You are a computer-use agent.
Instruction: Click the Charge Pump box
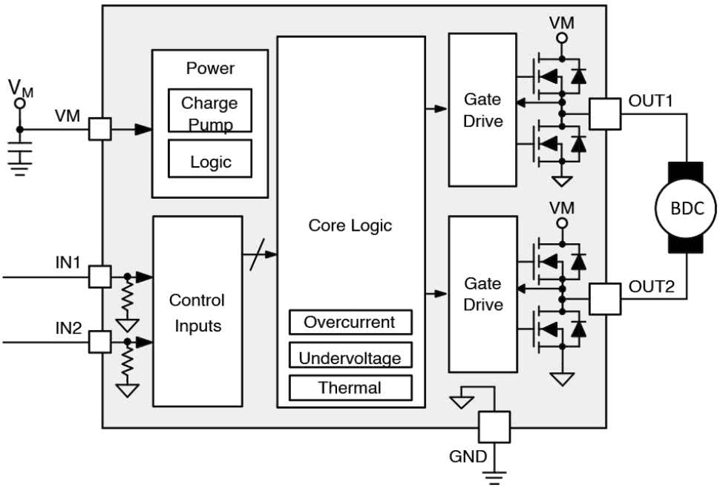point(210,111)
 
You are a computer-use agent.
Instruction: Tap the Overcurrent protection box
point(350,323)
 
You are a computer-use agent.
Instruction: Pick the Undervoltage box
point(350,356)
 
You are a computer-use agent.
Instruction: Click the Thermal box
point(350,387)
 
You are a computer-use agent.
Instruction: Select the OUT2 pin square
point(605,299)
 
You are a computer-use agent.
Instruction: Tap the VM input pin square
point(99,129)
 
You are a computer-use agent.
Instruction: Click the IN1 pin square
point(99,277)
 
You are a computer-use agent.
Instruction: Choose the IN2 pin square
point(99,342)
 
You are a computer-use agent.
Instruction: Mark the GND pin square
point(494,428)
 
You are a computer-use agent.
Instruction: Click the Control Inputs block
point(197,311)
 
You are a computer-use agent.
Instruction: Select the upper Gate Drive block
point(482,110)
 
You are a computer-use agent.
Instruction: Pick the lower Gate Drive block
point(482,294)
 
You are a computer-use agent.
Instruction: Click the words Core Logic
point(350,225)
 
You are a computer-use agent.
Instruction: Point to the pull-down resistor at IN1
point(128,300)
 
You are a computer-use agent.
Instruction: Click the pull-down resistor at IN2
point(128,364)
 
